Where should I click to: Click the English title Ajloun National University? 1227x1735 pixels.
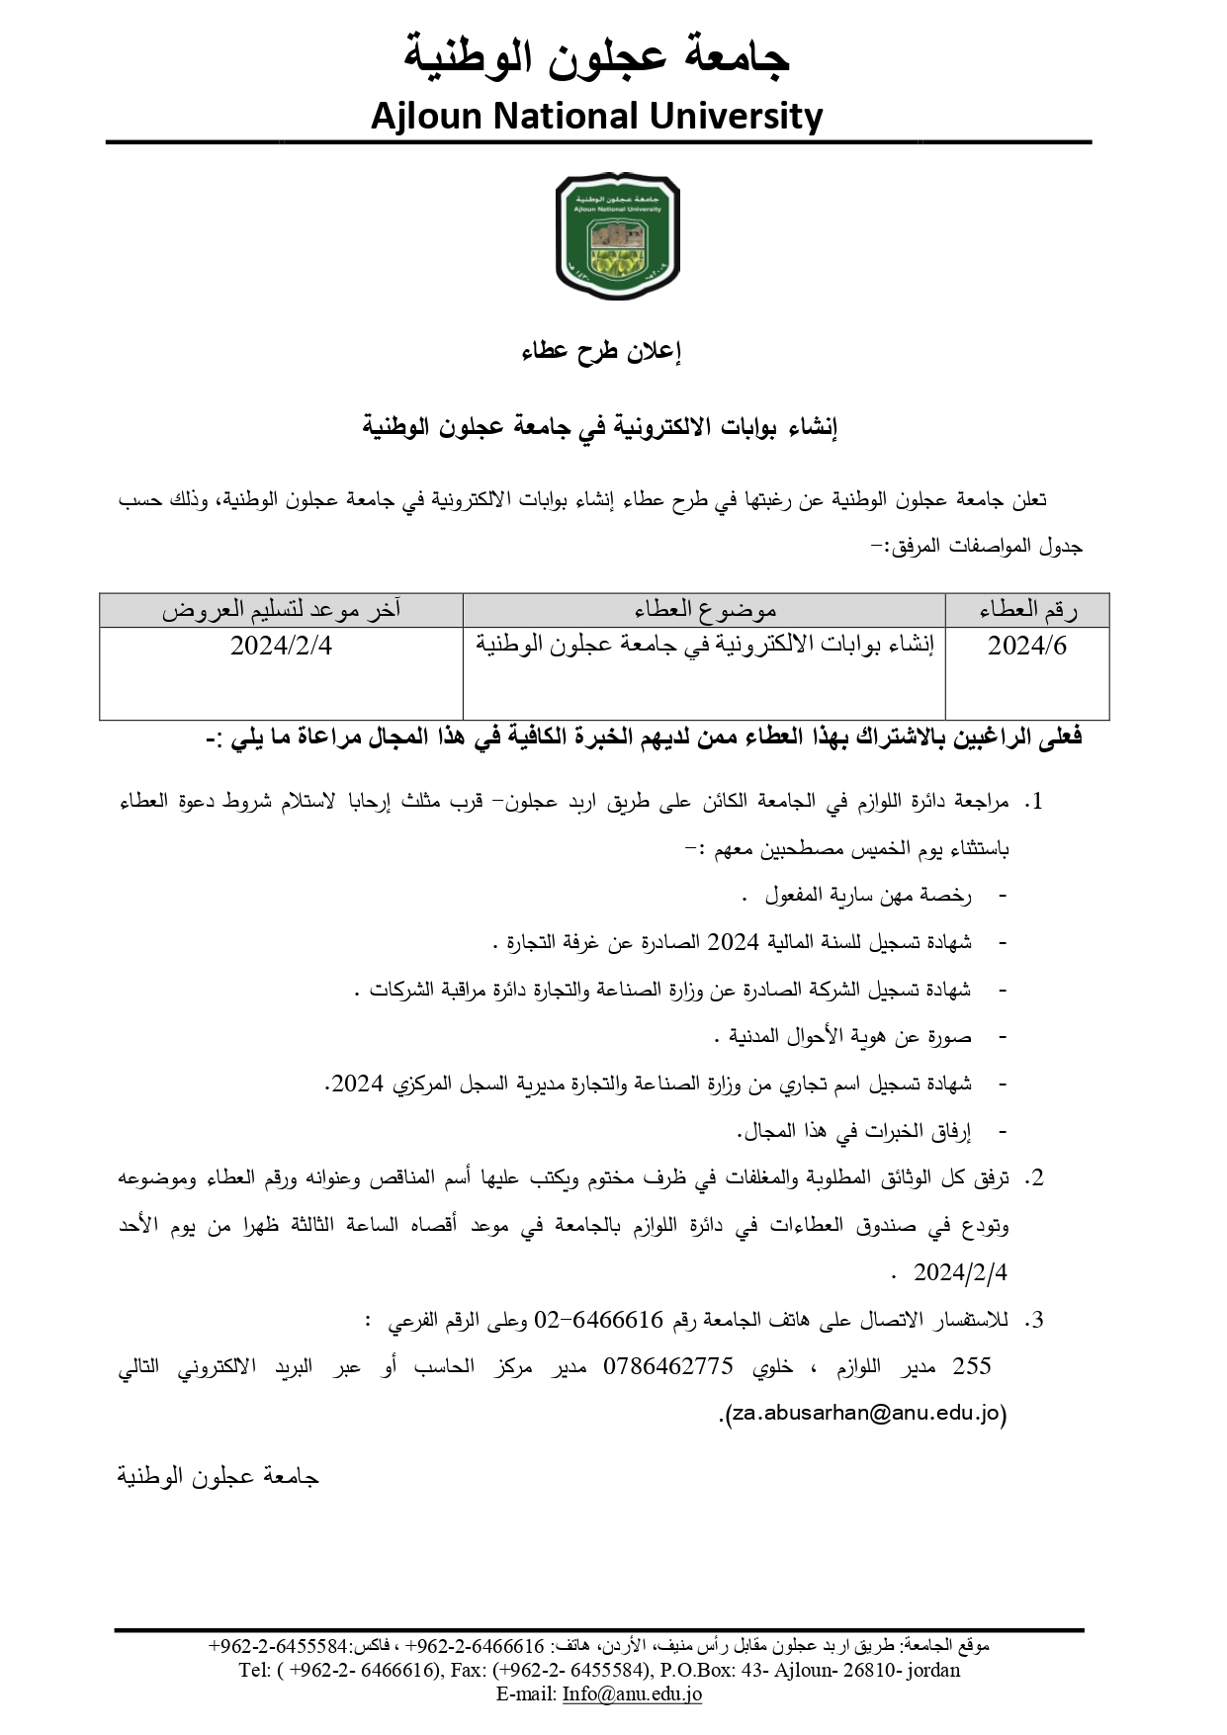tap(596, 117)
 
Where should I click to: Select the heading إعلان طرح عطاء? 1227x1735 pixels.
tap(602, 352)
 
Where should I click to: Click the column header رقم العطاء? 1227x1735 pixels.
tap(1028, 611)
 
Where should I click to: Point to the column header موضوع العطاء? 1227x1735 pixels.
tap(705, 611)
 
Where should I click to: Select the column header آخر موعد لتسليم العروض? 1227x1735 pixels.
tap(282, 611)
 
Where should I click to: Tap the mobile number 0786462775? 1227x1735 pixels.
tap(667, 1367)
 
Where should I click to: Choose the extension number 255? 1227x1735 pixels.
tap(971, 1367)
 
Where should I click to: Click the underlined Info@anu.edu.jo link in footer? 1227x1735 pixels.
tap(632, 1693)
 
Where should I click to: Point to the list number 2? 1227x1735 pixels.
tap(1033, 1178)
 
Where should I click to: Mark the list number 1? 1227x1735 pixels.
tap(1033, 803)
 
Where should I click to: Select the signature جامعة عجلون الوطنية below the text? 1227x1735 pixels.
tap(219, 1477)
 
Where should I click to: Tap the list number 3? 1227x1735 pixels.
tap(1033, 1321)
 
